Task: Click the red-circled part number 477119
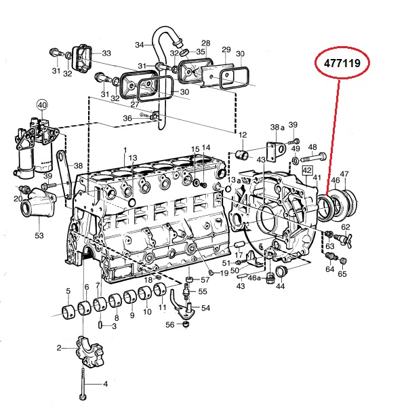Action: (342, 63)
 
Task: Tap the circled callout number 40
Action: (43, 105)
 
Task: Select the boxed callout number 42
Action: (308, 170)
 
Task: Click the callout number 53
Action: (39, 235)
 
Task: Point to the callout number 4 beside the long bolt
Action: (105, 384)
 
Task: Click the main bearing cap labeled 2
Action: (90, 353)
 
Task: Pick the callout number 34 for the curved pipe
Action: (140, 45)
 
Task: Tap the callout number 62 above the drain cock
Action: (346, 227)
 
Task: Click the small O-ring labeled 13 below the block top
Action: (132, 202)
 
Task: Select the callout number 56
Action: (170, 324)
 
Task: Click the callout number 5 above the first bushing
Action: (68, 290)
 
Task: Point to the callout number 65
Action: (342, 273)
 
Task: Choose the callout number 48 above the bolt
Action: (312, 147)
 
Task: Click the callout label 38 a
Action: (277, 127)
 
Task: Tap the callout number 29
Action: (226, 50)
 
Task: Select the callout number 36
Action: (127, 118)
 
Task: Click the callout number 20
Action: (18, 199)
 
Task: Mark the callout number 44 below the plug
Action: (280, 286)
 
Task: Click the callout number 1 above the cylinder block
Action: (125, 150)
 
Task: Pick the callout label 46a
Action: (254, 278)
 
